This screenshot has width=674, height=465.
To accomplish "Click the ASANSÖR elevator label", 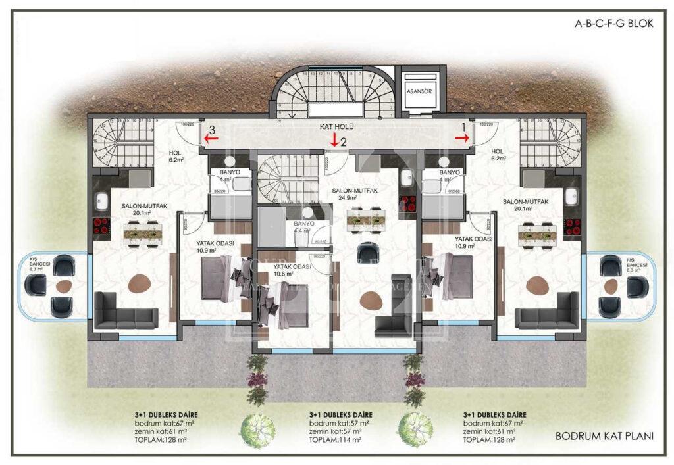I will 419,92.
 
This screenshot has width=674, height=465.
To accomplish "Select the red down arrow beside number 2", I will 334,139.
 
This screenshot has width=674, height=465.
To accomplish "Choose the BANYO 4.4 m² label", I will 303,227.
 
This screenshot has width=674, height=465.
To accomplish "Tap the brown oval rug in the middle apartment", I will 371,299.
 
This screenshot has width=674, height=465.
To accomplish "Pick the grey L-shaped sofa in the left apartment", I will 125,311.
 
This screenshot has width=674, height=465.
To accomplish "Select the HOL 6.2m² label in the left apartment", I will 176,156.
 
